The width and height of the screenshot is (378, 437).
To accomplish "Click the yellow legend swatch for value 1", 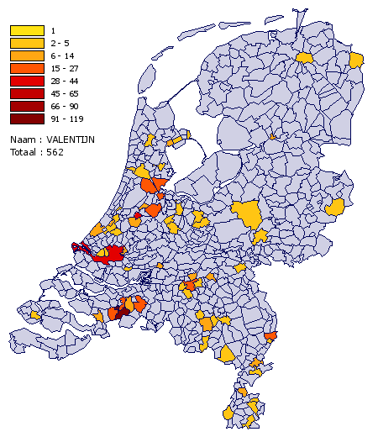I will click(27, 31).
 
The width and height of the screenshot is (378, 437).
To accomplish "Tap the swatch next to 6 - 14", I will click(27, 56).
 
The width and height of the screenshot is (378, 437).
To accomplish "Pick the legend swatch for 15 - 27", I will click(27, 69).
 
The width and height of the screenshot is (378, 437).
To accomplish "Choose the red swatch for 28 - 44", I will click(27, 82).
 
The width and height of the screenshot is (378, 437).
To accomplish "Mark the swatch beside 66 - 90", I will click(27, 107).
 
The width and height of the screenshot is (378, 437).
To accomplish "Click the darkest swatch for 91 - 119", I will click(27, 119).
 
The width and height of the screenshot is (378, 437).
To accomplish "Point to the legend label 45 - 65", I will click(64, 94).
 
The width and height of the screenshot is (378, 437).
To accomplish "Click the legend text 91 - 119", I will click(66, 119).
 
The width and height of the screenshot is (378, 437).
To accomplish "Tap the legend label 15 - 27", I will click(64, 69).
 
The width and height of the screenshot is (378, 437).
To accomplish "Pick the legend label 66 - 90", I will click(64, 107).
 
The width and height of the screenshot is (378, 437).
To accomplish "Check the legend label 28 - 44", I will click(64, 82).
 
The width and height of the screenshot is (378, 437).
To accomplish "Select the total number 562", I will click(55, 152).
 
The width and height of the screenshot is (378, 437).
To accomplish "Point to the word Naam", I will click(23, 140).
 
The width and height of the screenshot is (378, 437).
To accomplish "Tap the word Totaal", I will click(24, 152).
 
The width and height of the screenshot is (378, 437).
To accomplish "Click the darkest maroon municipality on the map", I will click(123, 311).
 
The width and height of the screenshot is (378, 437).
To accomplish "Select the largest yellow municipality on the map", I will click(249, 214).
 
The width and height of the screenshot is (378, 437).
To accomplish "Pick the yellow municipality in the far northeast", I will click(357, 60).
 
